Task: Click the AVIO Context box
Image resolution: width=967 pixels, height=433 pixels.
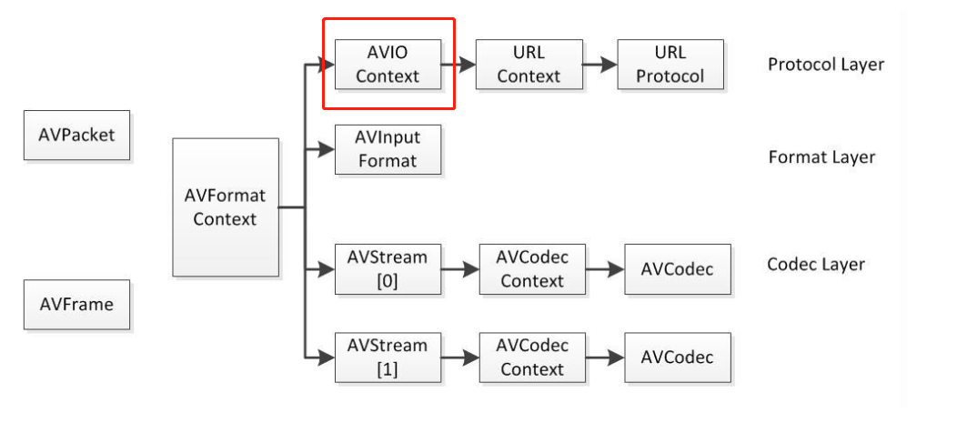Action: pos(388,64)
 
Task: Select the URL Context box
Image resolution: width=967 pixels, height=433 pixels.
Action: pos(529,64)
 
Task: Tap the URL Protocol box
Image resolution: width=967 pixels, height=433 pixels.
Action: pos(670,64)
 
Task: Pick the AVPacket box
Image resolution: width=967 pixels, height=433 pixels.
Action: pos(76,135)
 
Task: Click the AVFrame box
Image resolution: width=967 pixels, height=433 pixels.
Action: pos(76,304)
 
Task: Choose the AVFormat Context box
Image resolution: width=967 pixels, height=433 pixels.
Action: pos(225,207)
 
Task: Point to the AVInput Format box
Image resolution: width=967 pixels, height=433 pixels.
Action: pos(388,149)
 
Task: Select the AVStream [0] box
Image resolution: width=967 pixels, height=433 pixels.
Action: pos(388,269)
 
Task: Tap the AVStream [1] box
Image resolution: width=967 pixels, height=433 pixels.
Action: pos(388,357)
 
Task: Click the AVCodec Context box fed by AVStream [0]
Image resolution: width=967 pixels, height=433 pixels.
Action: pos(532,269)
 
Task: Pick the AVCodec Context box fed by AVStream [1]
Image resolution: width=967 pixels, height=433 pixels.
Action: pos(532,357)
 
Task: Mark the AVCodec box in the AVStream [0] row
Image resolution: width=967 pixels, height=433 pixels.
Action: pos(677,269)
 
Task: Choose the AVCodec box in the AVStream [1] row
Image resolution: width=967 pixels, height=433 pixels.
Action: pos(677,357)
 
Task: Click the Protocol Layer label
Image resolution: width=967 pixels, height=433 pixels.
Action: pos(825,65)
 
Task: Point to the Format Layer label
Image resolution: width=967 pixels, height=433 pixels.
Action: pos(821,157)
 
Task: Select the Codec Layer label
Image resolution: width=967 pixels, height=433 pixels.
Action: pos(815,265)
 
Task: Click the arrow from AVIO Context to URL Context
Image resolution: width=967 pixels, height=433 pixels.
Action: pos(458,65)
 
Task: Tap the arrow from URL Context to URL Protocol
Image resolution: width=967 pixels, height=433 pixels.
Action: pos(599,65)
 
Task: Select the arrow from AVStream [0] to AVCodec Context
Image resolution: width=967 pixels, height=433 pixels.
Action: pos(460,270)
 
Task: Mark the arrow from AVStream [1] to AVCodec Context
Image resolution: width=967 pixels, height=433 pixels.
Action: pos(460,358)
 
